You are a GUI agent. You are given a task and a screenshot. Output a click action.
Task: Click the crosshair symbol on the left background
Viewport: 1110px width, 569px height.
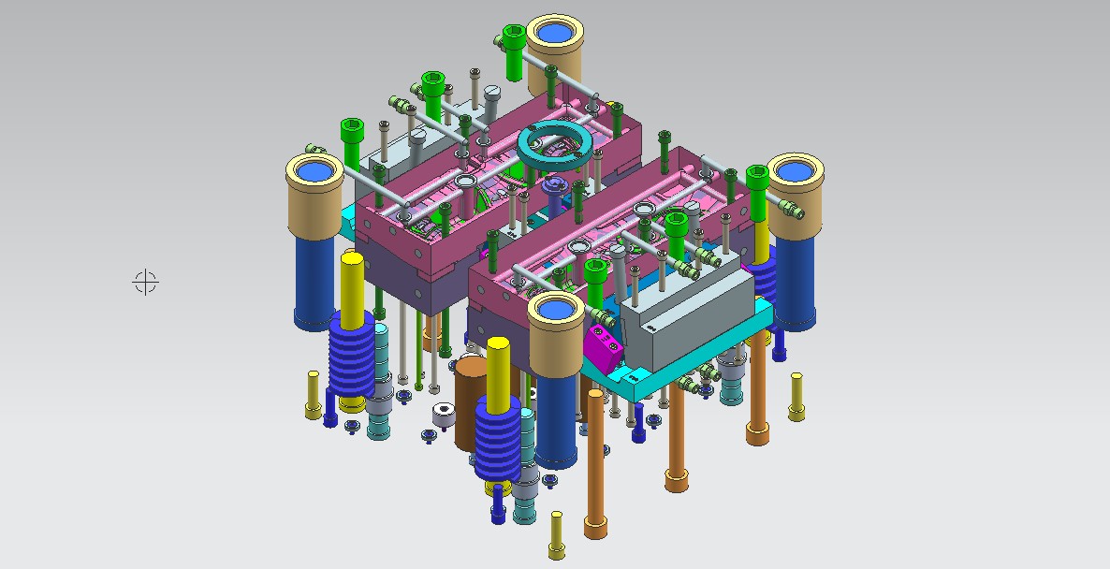click(x=145, y=281)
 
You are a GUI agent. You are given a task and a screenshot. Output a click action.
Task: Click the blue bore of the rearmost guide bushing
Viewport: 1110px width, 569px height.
click(x=555, y=33)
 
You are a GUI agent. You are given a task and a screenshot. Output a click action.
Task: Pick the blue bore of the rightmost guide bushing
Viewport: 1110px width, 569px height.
click(x=795, y=171)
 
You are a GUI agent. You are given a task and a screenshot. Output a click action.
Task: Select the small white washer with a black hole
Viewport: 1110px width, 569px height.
click(x=444, y=413)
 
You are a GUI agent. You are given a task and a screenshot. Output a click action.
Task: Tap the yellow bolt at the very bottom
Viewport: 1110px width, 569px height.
click(x=556, y=534)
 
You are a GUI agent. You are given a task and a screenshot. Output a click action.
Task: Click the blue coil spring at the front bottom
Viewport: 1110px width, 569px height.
click(x=497, y=440)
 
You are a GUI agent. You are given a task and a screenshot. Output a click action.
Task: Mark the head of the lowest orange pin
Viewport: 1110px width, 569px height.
click(x=594, y=530)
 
